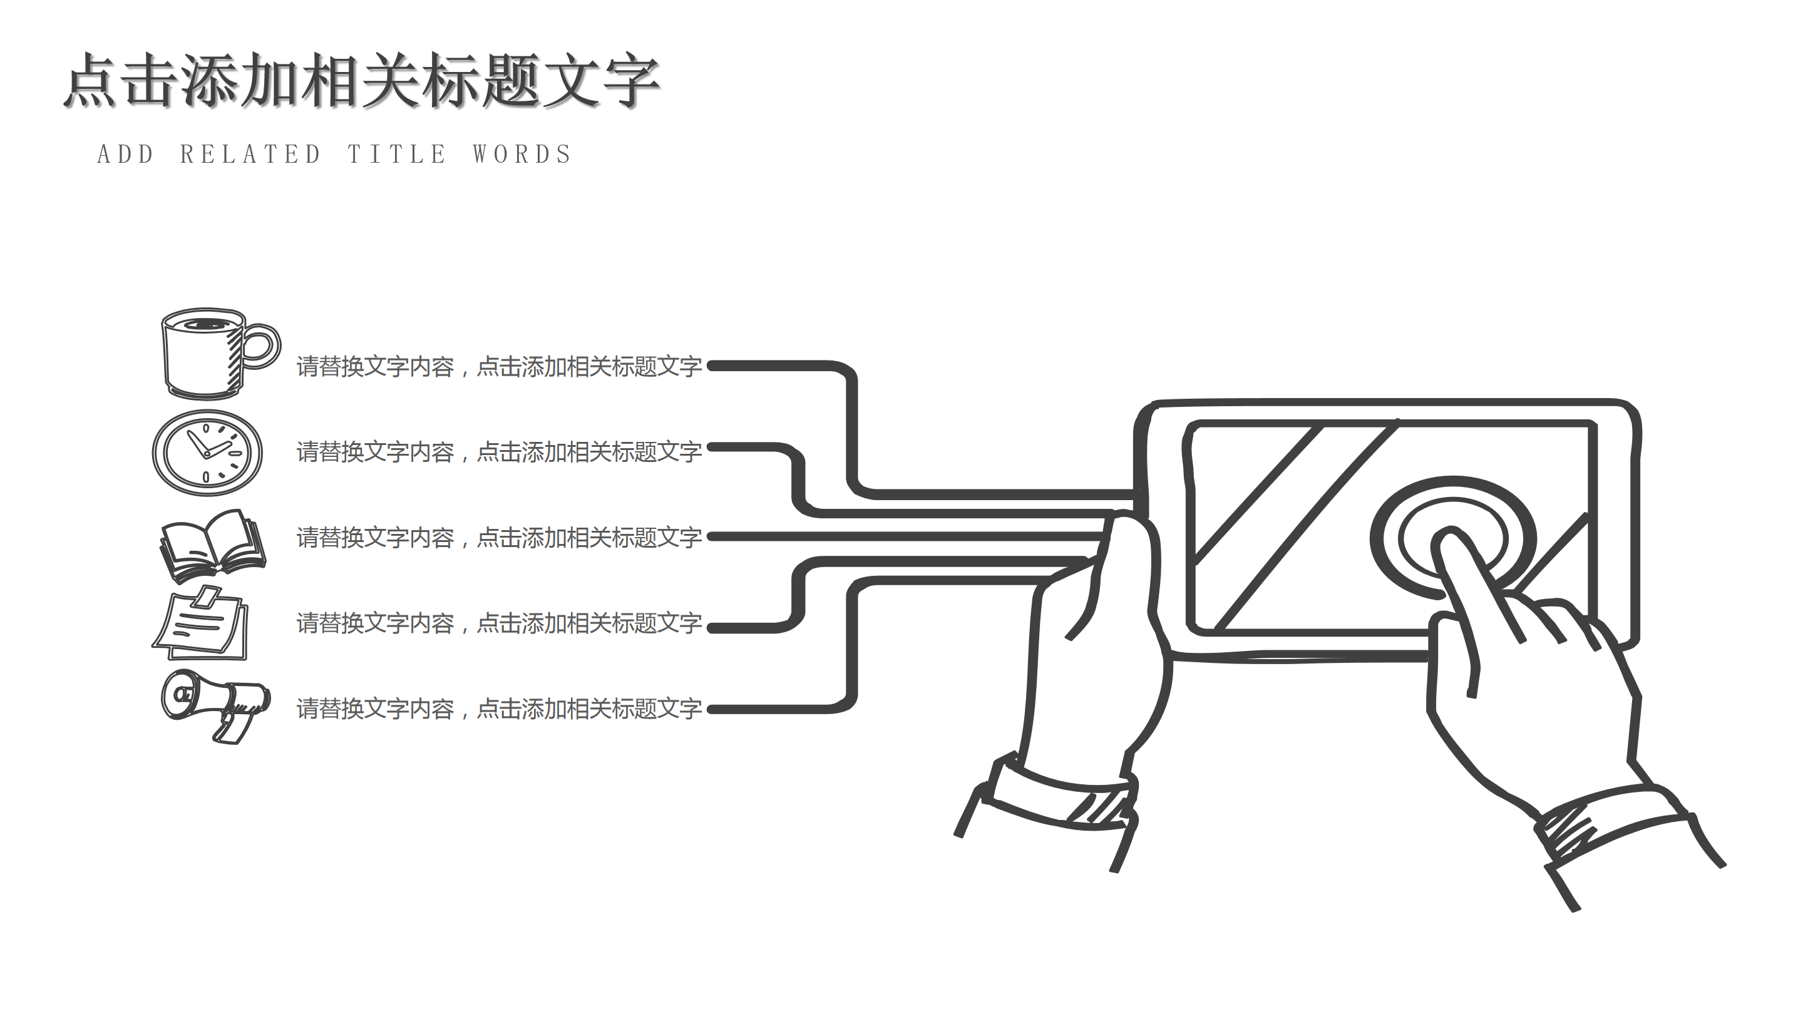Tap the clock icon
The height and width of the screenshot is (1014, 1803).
pos(207,453)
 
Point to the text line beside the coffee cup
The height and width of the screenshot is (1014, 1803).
pos(498,366)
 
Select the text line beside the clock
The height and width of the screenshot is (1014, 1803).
pos(498,452)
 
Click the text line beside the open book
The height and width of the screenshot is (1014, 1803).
pos(498,538)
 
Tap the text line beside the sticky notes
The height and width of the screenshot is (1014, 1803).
pos(498,623)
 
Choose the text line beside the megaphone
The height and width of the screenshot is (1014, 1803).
pos(498,709)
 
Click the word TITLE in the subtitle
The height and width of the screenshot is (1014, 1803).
pos(397,155)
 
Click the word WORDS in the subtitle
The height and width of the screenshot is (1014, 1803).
pos(522,155)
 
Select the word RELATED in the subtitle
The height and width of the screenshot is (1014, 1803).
pos(250,155)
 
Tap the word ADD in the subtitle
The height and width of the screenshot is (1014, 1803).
pos(125,155)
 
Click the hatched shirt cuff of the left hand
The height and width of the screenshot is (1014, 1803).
pos(1099,807)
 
